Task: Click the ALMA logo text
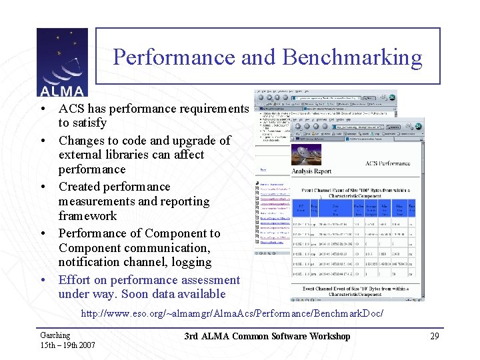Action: click(61, 91)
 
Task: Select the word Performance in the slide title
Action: click(174, 57)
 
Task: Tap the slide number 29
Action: click(434, 336)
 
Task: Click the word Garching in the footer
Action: click(55, 335)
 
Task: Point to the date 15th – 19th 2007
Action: click(68, 345)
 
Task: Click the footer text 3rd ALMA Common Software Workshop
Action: click(267, 336)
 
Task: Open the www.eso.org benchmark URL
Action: click(232, 313)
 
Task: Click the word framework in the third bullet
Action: click(87, 216)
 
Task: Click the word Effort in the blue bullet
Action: click(75, 280)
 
